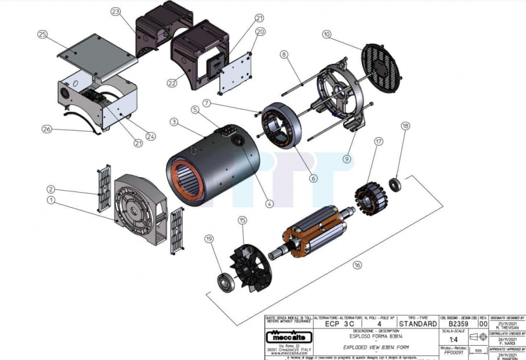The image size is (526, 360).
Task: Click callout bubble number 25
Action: (x=42, y=34)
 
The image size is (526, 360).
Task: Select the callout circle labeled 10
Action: (x=326, y=34)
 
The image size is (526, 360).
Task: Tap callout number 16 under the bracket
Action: (x=357, y=265)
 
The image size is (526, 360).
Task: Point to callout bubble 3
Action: (x=174, y=122)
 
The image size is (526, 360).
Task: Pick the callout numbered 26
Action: (x=47, y=129)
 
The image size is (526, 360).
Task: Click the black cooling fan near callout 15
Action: (x=252, y=261)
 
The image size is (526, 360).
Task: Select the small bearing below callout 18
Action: (x=395, y=183)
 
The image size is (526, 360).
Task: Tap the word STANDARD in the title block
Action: (x=418, y=324)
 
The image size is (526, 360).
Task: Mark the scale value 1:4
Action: (x=454, y=339)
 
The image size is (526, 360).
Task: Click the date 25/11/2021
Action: (x=508, y=324)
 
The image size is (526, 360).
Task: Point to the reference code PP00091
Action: (x=454, y=353)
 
